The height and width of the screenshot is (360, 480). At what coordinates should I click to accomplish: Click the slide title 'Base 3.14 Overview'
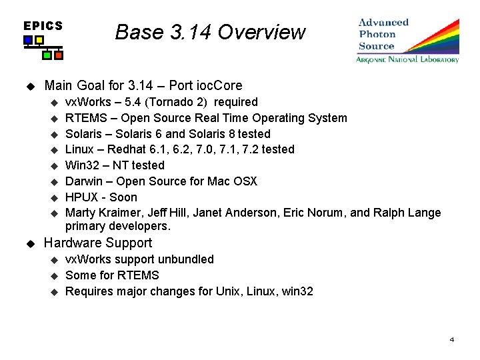point(210,32)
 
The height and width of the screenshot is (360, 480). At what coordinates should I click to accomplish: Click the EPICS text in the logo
point(43,26)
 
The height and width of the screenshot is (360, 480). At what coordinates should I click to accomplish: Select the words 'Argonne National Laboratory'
point(407,59)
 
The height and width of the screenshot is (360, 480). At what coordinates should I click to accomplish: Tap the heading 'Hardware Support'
point(98,243)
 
